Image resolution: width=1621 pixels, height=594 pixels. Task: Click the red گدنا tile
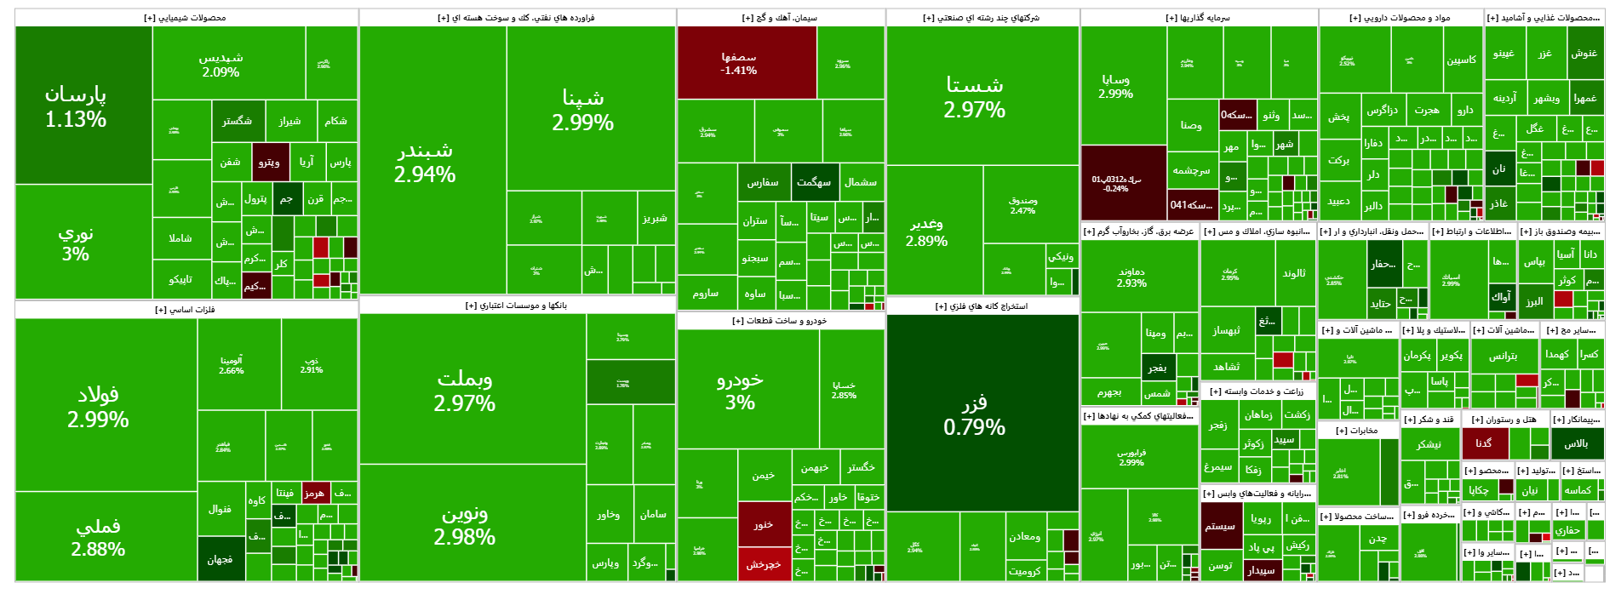click(x=1485, y=443)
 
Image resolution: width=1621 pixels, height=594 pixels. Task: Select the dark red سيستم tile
click(x=1220, y=526)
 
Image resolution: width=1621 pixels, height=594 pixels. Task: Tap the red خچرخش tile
click(x=764, y=564)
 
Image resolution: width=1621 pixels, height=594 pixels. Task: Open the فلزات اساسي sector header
click(x=186, y=310)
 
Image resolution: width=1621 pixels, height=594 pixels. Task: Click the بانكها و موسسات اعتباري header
click(x=516, y=305)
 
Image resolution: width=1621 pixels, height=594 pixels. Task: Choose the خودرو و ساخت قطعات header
click(x=780, y=321)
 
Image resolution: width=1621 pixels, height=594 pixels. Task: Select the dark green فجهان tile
click(x=221, y=559)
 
